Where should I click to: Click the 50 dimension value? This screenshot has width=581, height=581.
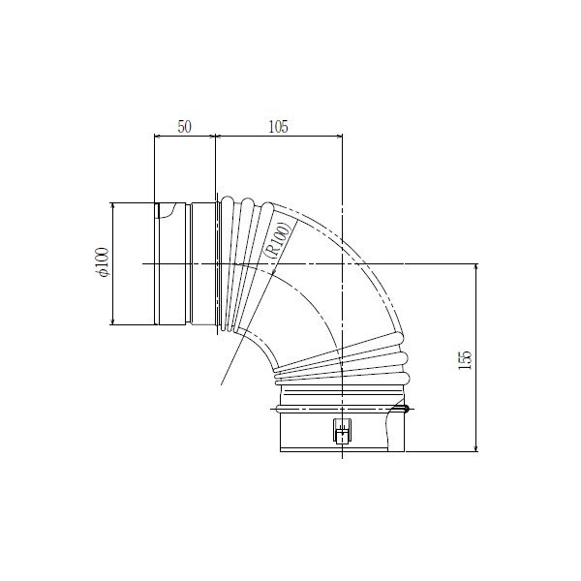185,127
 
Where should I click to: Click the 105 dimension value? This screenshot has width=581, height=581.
278,127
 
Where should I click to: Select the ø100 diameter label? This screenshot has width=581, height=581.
102,262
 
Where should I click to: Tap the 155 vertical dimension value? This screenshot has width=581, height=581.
465,360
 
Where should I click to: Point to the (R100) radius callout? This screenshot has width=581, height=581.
278,240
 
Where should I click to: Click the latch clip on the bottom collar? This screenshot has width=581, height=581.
342,431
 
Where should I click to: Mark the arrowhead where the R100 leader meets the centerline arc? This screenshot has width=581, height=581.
274,272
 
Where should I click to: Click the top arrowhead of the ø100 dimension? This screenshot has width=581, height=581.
112,205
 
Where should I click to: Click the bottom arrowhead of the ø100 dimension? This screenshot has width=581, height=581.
112,321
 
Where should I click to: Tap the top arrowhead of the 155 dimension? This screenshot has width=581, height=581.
475,267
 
